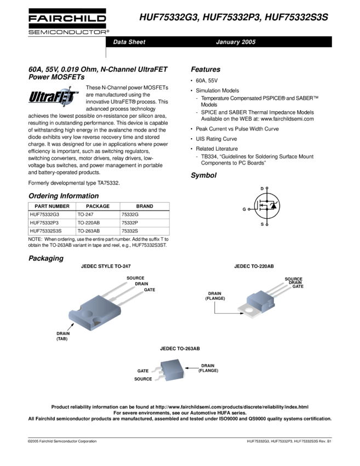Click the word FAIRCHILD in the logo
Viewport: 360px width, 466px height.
pos(68,19)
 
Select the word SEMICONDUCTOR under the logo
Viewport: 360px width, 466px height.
pos(68,31)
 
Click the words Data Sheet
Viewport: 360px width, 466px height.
pos(129,42)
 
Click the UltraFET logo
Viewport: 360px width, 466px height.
pos(54,97)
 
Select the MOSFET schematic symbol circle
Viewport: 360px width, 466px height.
pos(267,206)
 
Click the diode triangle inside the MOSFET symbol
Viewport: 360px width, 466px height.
pos(273,206)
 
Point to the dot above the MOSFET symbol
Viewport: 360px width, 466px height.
pos(267,188)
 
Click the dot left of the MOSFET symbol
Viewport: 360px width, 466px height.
pos(249,209)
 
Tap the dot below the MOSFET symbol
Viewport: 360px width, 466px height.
pos(267,224)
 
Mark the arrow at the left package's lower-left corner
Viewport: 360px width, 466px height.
pos(71,327)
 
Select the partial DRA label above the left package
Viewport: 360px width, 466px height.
pos(139,284)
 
